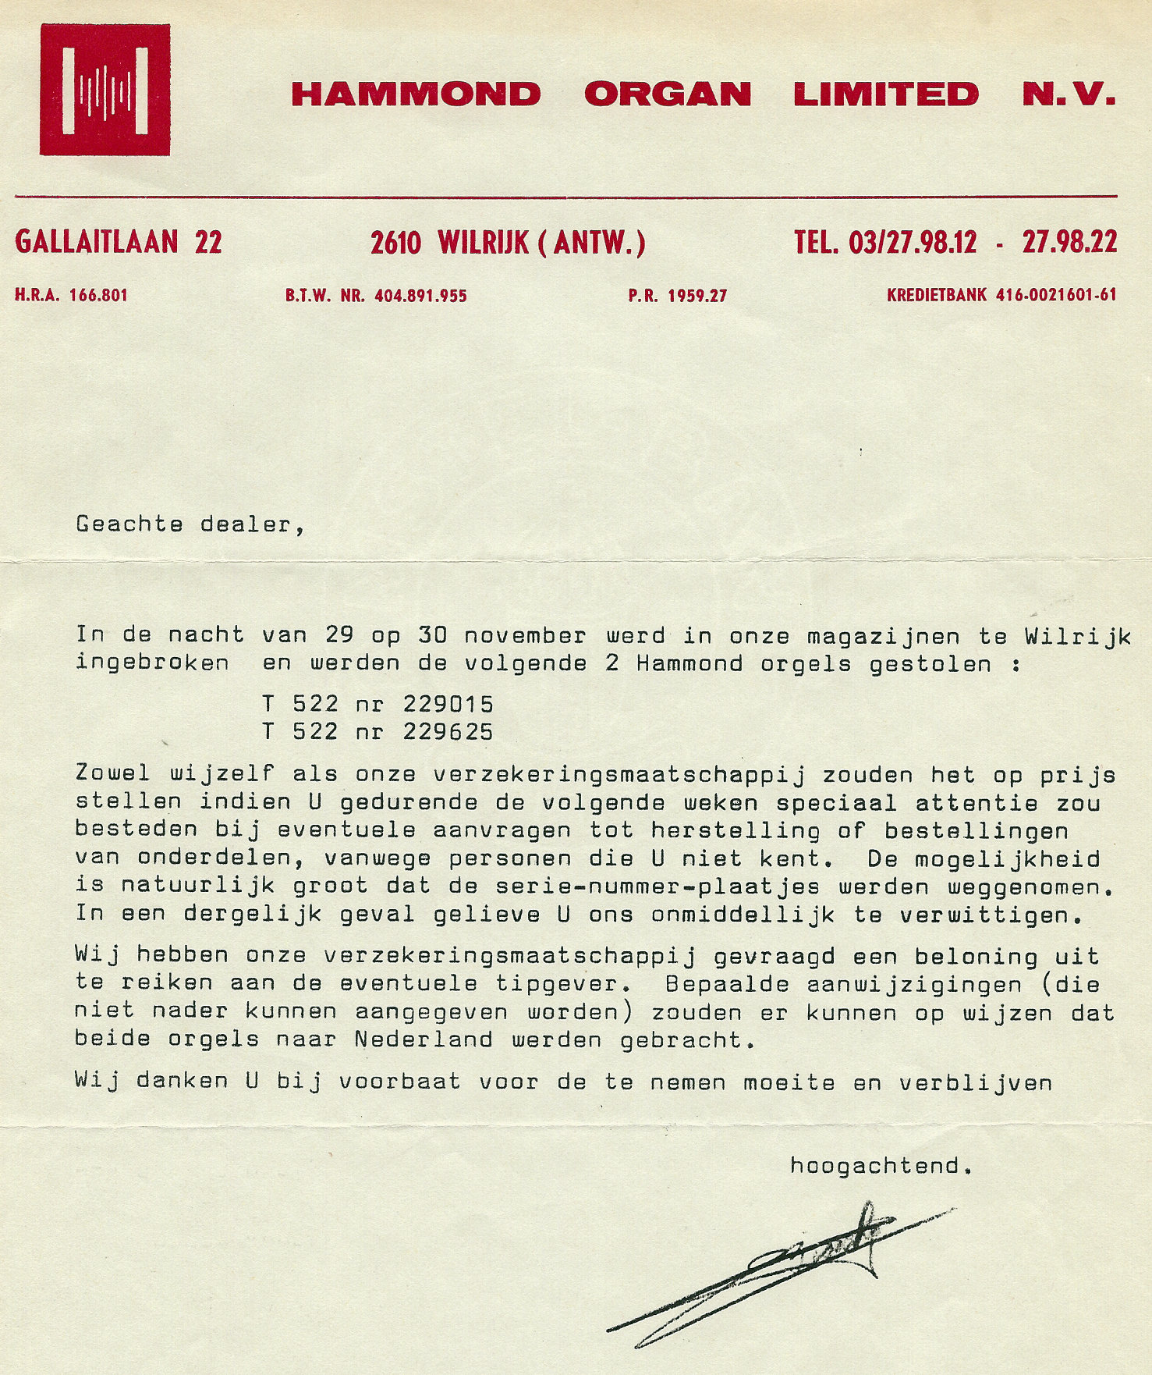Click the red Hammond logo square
tap(105, 90)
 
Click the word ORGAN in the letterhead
tap(668, 94)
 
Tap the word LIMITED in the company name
tap(886, 94)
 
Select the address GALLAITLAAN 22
tap(119, 242)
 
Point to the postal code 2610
tap(395, 243)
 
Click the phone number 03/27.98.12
tap(913, 242)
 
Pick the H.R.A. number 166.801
tap(98, 296)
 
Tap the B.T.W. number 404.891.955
tap(421, 296)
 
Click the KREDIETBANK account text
tap(1001, 295)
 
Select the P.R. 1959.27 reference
tap(678, 296)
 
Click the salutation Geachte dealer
tap(190, 524)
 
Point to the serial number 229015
tap(448, 704)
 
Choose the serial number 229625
tap(448, 731)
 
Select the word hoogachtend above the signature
tap(881, 1166)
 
